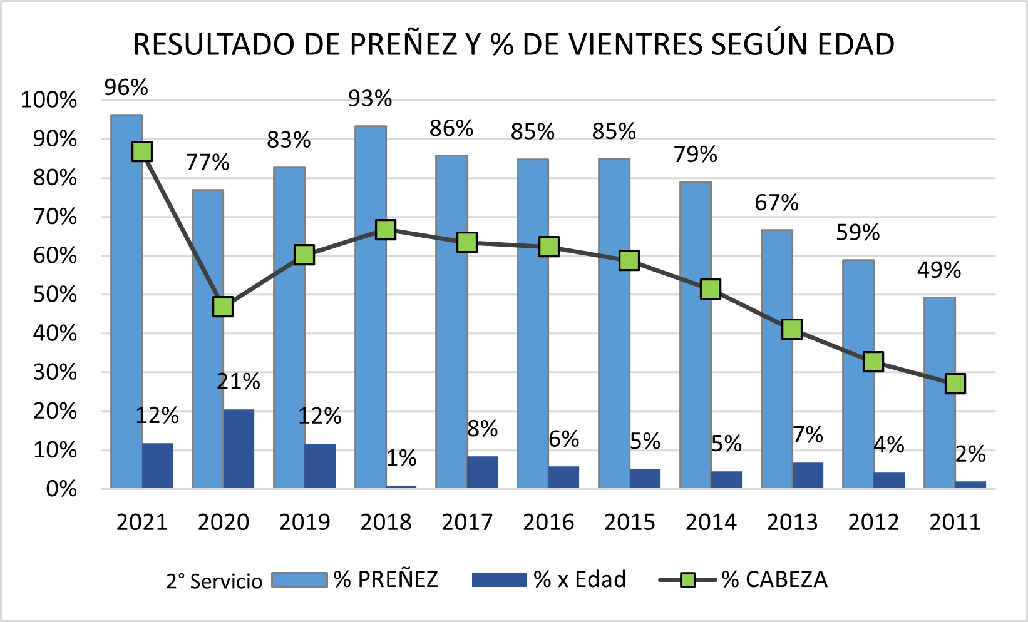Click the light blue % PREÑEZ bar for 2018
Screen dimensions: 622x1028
[370, 307]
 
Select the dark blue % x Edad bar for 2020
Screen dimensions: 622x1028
[239, 449]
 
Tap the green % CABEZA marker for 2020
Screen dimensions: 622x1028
[223, 307]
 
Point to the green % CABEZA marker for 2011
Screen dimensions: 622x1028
[955, 384]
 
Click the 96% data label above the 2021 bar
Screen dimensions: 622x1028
[126, 88]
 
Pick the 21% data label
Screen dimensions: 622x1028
[238, 381]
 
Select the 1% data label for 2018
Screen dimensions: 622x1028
[401, 458]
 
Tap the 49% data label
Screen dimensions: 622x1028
[938, 270]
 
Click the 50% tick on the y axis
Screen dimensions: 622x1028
[55, 295]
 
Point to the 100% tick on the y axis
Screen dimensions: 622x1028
[49, 99]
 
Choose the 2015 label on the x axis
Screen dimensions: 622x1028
[629, 522]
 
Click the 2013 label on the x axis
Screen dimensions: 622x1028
[792, 522]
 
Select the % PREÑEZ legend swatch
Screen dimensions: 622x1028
[299, 579]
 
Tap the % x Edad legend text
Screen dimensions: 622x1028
[580, 579]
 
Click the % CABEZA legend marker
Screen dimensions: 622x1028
[687, 580]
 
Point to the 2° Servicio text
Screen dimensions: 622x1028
[214, 581]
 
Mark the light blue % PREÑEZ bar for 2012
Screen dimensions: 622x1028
[858, 374]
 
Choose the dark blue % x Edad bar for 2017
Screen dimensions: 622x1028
[482, 472]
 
